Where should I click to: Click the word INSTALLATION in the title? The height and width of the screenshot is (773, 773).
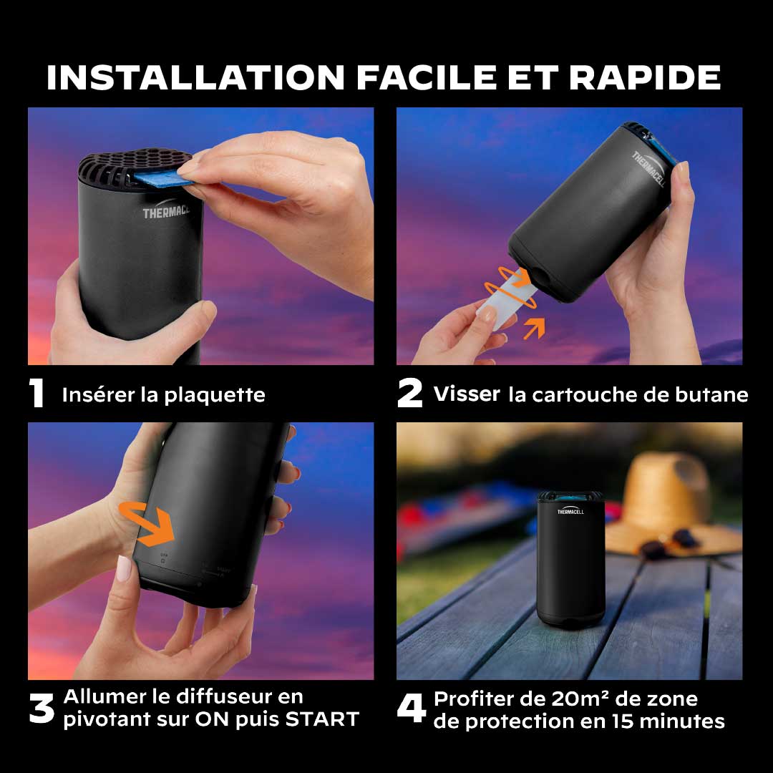195,77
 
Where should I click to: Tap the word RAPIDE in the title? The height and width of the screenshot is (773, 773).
645,77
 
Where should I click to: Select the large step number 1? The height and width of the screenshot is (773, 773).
37,393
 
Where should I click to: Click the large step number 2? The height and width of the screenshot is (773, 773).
409,393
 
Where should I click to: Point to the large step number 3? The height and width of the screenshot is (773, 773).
42,709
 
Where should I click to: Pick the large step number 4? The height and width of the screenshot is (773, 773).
412,709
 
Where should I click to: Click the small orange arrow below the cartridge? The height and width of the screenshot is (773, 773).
534,328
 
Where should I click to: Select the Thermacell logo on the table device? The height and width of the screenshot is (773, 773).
570,511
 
